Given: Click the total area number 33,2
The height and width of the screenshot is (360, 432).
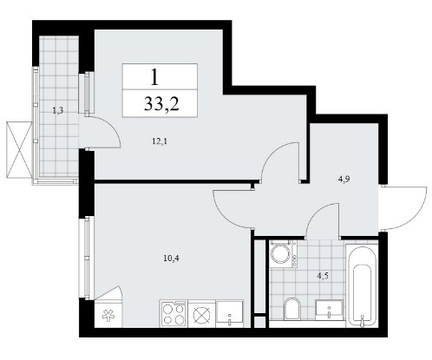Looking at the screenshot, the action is point(161,103).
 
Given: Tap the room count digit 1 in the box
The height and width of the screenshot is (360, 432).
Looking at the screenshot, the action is point(155,77).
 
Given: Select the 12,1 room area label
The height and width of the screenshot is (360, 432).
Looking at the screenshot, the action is point(160,141).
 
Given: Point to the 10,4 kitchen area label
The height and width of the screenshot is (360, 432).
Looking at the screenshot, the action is point(172,259).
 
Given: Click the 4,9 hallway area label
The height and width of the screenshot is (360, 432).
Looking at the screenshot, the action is point(344,180).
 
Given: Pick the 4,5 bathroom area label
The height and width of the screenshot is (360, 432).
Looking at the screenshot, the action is point(323,276).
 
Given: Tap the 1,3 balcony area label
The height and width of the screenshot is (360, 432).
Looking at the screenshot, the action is point(58,110).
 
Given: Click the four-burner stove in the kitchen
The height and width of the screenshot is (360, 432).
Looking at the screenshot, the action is point(173,314).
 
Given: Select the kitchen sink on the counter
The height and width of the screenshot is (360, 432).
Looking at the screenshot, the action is point(230,314).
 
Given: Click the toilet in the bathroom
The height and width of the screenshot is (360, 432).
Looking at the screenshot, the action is point(292,308).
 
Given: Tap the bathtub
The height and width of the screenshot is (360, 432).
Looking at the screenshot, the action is point(362,285).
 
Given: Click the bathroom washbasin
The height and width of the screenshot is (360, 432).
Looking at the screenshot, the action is point(330,310).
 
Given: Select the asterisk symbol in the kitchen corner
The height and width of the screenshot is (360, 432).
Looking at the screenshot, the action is point(108,316).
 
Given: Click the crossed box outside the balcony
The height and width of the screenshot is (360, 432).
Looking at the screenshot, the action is point(19,150).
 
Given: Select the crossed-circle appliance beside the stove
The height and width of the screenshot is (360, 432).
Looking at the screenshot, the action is point(202,314).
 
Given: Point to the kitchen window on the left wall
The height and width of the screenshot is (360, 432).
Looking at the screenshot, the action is point(87,258).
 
